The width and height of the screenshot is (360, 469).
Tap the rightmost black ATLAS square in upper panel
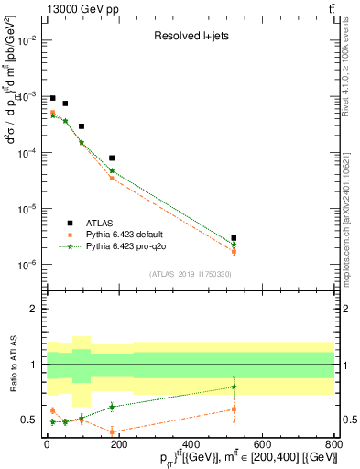point(235,238)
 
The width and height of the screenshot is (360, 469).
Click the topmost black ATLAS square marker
point(52,98)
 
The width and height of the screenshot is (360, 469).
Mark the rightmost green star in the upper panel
point(235,245)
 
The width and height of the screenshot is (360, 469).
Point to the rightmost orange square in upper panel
point(235,252)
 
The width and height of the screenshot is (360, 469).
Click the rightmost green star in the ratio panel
point(235,387)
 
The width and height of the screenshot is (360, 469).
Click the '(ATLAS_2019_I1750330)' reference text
point(189,274)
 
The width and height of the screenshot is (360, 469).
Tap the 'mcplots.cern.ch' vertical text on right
point(352,229)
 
